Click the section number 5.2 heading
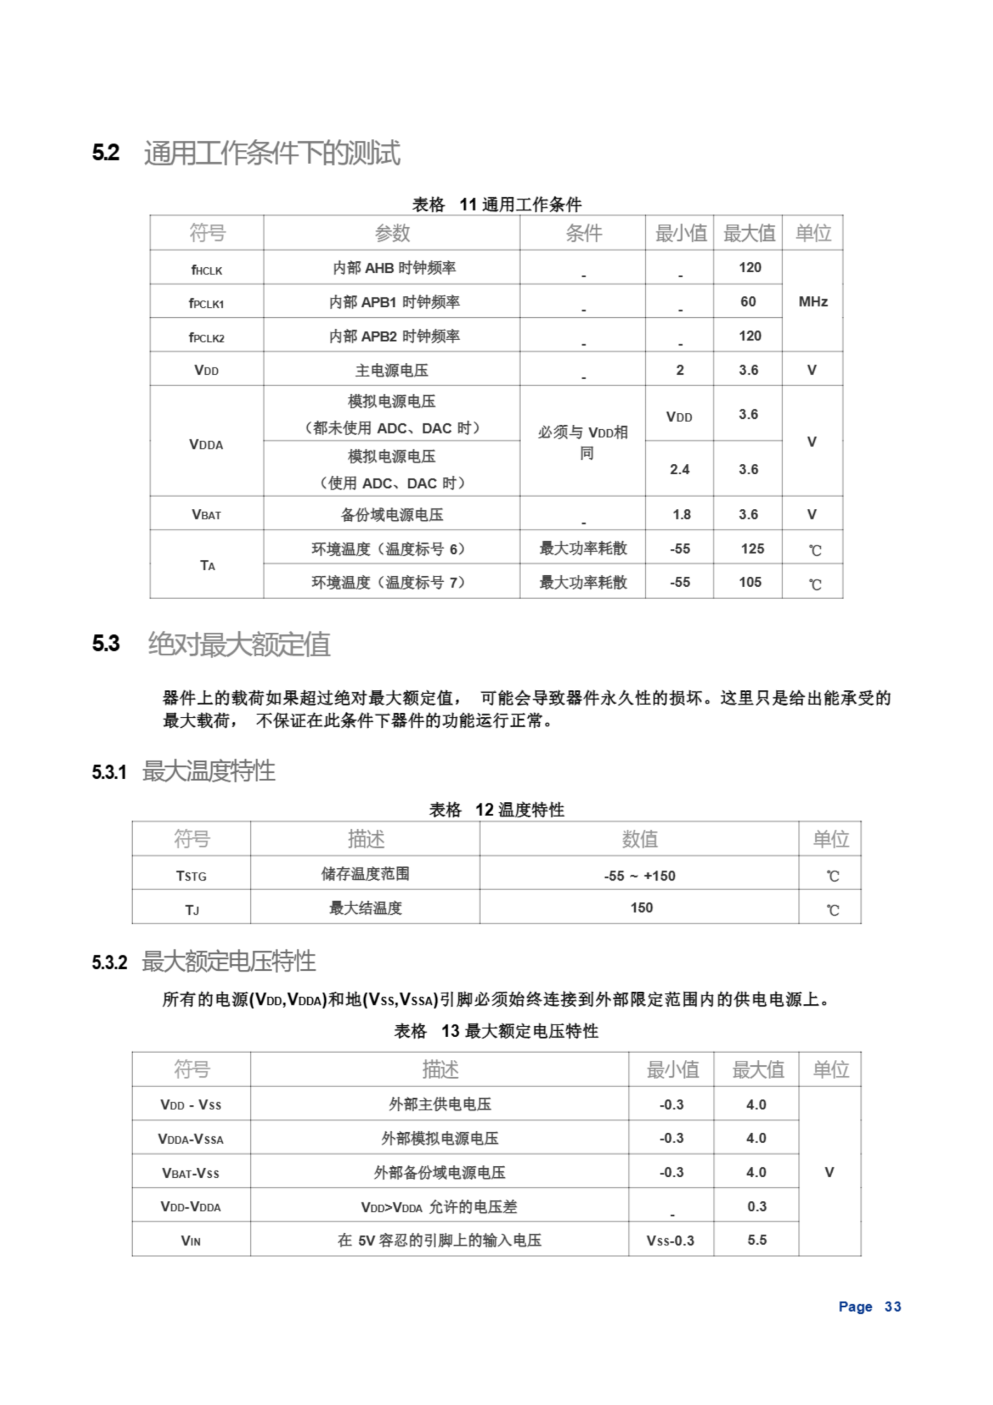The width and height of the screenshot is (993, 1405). pos(106,153)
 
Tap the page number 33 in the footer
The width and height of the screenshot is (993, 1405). pos(892,1306)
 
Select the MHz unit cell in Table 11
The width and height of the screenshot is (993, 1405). pos(813,302)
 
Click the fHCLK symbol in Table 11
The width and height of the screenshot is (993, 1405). pos(206,269)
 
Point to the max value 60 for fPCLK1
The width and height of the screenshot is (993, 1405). pos(748,302)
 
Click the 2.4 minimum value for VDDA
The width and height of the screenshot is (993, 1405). pos(679,469)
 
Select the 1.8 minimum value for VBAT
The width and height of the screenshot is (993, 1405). pos(681,515)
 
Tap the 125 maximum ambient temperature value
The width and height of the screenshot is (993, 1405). pos(752,549)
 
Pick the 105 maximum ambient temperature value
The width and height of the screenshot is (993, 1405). pos(749,582)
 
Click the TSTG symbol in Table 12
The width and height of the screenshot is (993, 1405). pos(191,876)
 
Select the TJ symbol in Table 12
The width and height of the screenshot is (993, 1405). pos(191,910)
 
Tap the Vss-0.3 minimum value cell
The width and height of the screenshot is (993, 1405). pos(670,1240)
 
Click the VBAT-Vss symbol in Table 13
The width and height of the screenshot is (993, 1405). pos(190,1172)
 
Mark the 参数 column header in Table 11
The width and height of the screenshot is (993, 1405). pos(392,233)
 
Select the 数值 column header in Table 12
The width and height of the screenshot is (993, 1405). pos(639,839)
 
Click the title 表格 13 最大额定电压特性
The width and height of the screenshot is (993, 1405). pos(495,1031)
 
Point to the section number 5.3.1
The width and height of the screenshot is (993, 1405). pos(109,772)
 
